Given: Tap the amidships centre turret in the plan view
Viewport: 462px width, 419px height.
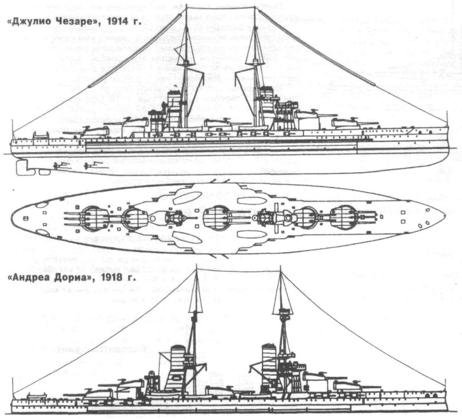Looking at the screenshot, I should click(216, 218).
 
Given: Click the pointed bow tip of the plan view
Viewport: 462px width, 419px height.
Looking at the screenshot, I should click(445, 218).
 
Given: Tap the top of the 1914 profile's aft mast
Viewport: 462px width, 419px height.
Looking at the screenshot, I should click(186, 26).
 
